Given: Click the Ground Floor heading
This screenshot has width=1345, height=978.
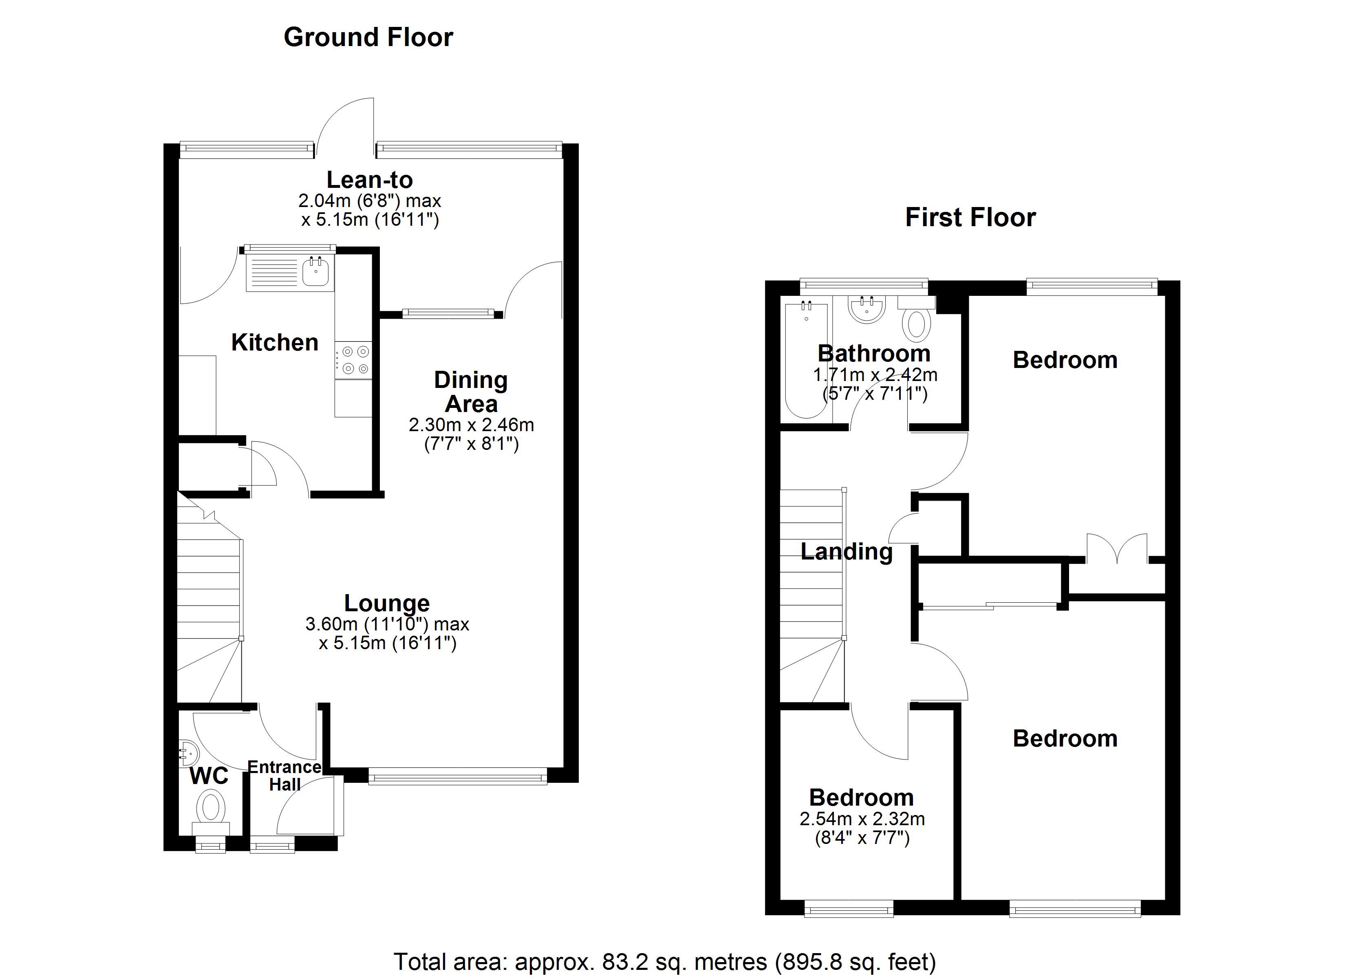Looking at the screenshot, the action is pos(368,37).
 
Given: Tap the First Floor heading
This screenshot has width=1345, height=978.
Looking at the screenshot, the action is pos(970,218).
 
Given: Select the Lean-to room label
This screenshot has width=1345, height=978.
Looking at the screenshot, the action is pos(369,180).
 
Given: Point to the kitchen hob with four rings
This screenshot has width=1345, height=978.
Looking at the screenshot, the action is pos(353,360).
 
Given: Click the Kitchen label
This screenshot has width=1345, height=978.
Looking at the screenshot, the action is pos(275,342).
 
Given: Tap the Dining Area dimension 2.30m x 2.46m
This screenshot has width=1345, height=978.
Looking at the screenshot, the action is pos(472,425).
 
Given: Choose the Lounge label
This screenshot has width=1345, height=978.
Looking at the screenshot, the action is pos(387,603).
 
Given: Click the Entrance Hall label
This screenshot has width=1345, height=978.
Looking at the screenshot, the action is pos(284,776).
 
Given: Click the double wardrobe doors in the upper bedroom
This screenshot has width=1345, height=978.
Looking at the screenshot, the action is pos(1117,548).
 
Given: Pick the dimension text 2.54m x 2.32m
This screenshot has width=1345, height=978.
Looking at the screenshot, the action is pos(862,819).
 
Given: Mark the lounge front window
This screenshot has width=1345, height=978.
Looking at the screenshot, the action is pos(457,776).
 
